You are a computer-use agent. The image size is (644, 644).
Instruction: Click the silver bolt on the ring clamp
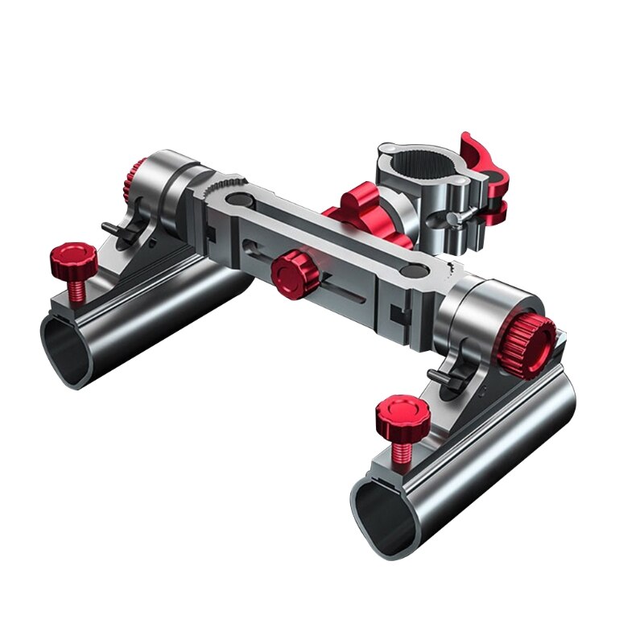click(457, 217)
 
